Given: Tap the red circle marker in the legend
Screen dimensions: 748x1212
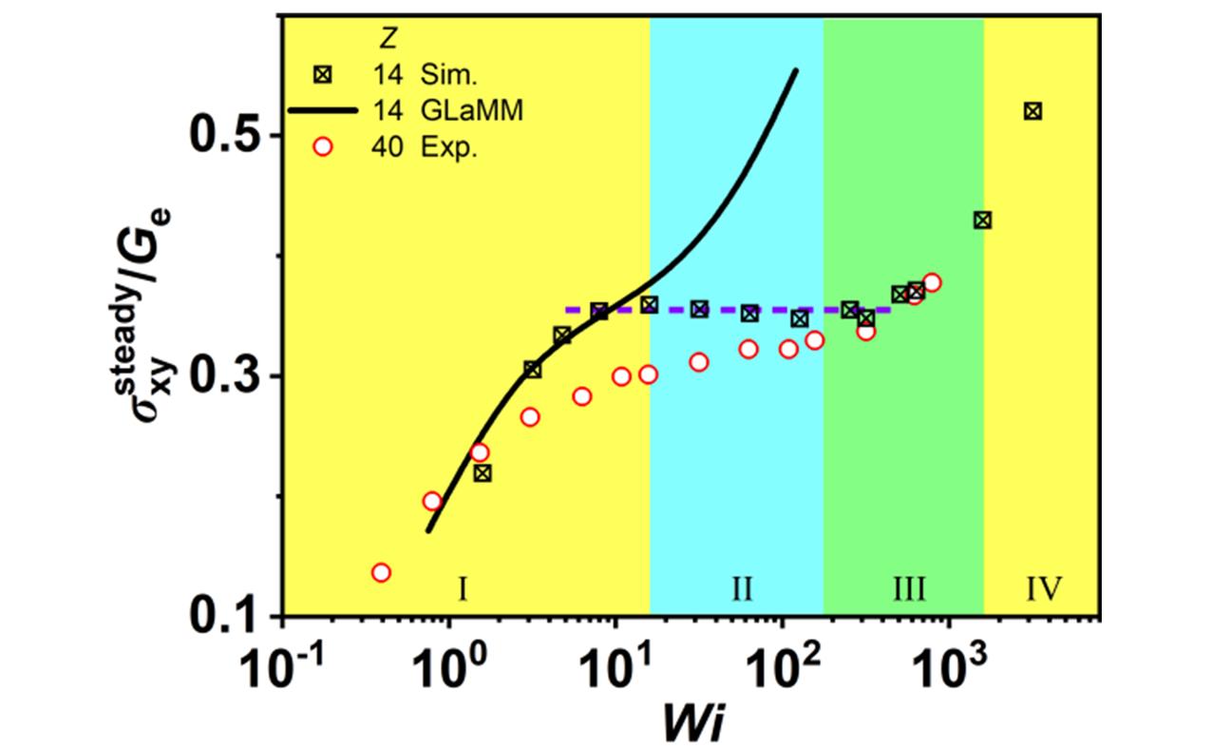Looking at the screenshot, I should [x=325, y=148].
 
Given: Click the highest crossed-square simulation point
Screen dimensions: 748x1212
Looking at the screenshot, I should [x=1032, y=111].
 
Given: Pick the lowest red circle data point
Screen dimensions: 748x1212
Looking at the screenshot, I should [x=381, y=572].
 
